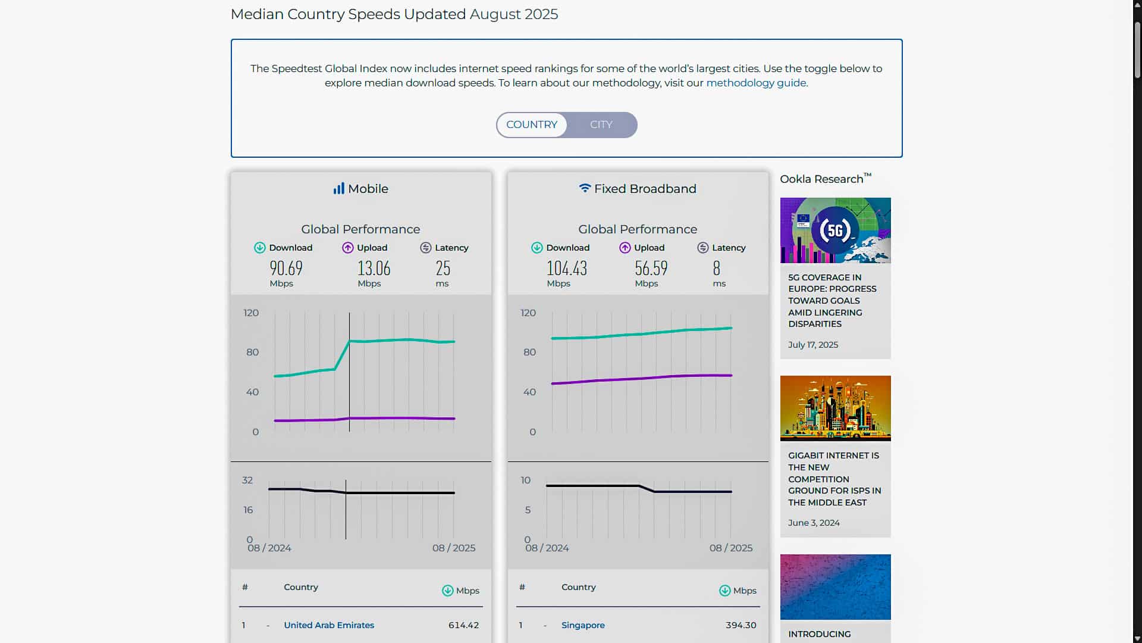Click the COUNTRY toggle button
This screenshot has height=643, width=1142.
click(532, 125)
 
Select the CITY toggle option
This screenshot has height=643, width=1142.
click(601, 125)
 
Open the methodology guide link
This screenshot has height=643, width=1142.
click(756, 83)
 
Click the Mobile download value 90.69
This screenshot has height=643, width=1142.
click(286, 269)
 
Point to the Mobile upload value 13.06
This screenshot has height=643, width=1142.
click(374, 269)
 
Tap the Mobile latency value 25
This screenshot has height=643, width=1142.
click(443, 269)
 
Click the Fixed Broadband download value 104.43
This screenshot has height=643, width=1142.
click(567, 269)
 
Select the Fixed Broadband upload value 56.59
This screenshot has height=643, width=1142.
click(651, 269)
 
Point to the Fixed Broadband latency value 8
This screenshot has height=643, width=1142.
click(717, 269)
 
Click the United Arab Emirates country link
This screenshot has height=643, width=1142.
click(329, 625)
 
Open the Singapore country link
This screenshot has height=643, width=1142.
click(583, 625)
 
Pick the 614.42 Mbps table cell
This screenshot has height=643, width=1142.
click(463, 625)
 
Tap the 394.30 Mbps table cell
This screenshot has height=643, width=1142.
click(741, 625)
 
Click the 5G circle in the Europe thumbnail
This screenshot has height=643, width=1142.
click(834, 230)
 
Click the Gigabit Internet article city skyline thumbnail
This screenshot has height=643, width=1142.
click(835, 408)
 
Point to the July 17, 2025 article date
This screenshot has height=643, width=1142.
click(813, 345)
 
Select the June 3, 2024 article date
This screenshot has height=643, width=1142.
click(814, 523)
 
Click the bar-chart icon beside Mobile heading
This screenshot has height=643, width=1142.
click(338, 189)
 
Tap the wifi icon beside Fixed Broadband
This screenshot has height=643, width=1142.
click(585, 188)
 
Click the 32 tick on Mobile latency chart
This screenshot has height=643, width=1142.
click(247, 480)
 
